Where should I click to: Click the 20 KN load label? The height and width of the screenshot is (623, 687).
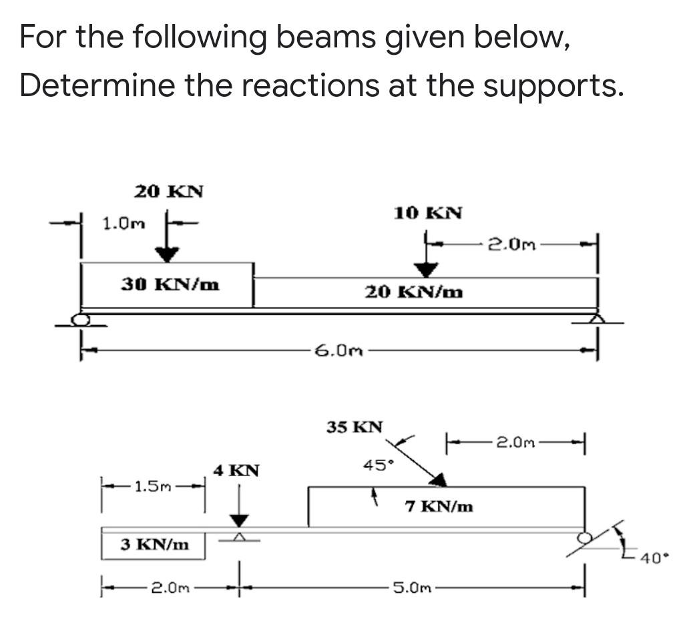tap(168, 192)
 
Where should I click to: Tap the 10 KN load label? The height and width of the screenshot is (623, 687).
tap(427, 213)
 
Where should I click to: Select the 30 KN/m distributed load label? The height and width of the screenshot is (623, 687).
tap(170, 284)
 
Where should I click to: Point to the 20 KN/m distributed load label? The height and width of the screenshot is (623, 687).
tap(414, 292)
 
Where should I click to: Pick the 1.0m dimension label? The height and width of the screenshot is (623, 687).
tap(124, 222)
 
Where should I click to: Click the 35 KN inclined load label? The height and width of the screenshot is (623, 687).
tap(355, 427)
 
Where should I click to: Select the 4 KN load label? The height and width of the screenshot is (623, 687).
tap(235, 470)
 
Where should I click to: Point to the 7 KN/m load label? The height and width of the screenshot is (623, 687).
tap(439, 507)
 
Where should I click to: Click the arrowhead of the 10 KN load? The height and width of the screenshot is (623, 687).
tap(426, 269)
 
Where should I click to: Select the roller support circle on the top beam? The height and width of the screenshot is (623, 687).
tap(81, 319)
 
